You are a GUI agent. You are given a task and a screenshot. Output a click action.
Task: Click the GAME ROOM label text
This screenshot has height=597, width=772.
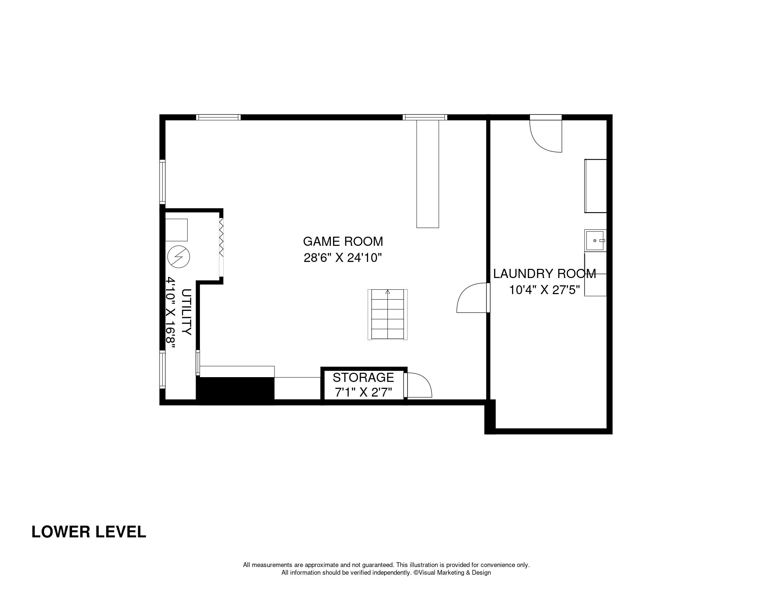(343, 241)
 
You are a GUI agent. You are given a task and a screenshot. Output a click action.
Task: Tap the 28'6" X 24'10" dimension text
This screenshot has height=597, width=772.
(343, 258)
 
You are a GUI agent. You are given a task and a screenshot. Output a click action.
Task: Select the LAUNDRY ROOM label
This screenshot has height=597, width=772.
(545, 274)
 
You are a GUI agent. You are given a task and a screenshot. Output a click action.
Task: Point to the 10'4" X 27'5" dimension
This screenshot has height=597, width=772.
(545, 290)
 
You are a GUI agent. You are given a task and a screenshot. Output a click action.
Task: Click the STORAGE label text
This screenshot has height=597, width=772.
(363, 377)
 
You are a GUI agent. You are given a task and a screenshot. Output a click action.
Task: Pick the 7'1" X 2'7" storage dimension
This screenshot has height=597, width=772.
(363, 393)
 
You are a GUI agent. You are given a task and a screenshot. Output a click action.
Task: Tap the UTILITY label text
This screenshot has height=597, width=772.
(186, 312)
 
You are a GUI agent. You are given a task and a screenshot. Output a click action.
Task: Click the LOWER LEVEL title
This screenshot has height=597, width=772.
(89, 532)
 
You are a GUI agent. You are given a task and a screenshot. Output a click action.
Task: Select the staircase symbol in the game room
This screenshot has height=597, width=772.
(387, 315)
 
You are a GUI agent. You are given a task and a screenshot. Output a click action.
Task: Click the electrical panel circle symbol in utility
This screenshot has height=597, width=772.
(179, 256)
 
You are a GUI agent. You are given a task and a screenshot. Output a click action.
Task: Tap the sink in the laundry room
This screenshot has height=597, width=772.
(595, 241)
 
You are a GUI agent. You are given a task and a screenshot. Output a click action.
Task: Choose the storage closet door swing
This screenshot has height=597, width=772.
(419, 385)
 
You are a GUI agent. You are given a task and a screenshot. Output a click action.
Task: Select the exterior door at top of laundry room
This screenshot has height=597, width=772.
(546, 134)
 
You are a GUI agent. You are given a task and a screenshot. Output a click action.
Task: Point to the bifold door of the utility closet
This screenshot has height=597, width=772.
(221, 247)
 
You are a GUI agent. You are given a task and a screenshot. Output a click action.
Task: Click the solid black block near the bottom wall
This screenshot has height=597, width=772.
(235, 391)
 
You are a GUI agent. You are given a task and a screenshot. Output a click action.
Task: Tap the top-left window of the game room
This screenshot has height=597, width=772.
(218, 117)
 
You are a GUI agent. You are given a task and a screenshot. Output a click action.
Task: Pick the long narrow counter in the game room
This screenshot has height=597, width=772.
(428, 174)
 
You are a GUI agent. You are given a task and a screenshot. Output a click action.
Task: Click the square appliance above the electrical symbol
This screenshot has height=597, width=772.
(177, 230)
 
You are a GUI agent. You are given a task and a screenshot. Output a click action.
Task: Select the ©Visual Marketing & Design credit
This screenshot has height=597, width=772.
(452, 572)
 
